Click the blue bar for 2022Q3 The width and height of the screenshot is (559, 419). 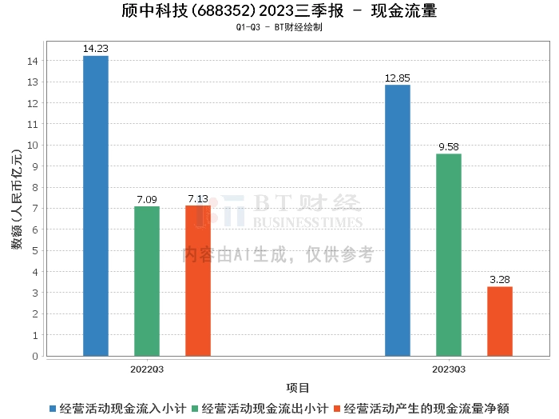[96, 206]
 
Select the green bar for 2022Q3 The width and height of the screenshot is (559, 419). [147, 281]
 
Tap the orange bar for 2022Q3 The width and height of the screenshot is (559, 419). [198, 281]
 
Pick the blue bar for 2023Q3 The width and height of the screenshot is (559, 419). [398, 220]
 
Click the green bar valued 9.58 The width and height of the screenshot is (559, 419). [449, 254]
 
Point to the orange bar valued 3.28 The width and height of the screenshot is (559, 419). [500, 321]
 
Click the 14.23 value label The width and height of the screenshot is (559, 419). [96, 49]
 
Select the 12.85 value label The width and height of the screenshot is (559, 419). [398, 78]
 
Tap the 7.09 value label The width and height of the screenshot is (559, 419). [147, 199]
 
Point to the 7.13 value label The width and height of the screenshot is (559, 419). [198, 198]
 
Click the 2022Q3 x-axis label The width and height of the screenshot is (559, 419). [147, 369]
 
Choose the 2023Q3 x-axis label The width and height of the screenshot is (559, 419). [449, 369]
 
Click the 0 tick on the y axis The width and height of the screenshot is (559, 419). [36, 356]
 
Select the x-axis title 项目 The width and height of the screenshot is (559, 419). [298, 388]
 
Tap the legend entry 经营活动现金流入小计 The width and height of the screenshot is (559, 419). [119, 408]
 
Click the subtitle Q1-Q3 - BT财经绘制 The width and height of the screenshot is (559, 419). [279, 27]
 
